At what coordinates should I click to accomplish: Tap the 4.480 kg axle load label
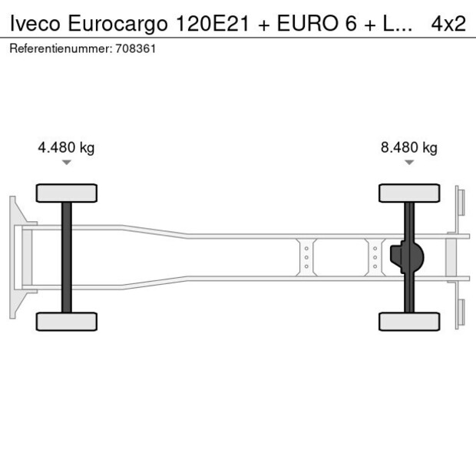click(66, 148)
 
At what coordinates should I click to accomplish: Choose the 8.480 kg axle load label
click(408, 148)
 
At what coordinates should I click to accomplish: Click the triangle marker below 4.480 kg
click(66, 163)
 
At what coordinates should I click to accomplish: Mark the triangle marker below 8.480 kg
click(408, 163)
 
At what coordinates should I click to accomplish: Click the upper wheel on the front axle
click(66, 193)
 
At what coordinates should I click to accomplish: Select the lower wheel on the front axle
click(66, 321)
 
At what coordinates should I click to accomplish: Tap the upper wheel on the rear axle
click(408, 193)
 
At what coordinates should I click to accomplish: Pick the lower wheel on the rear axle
click(408, 321)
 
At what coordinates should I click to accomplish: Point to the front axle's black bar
click(66, 257)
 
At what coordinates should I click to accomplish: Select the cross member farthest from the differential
click(306, 257)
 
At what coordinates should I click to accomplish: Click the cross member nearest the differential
click(375, 257)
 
